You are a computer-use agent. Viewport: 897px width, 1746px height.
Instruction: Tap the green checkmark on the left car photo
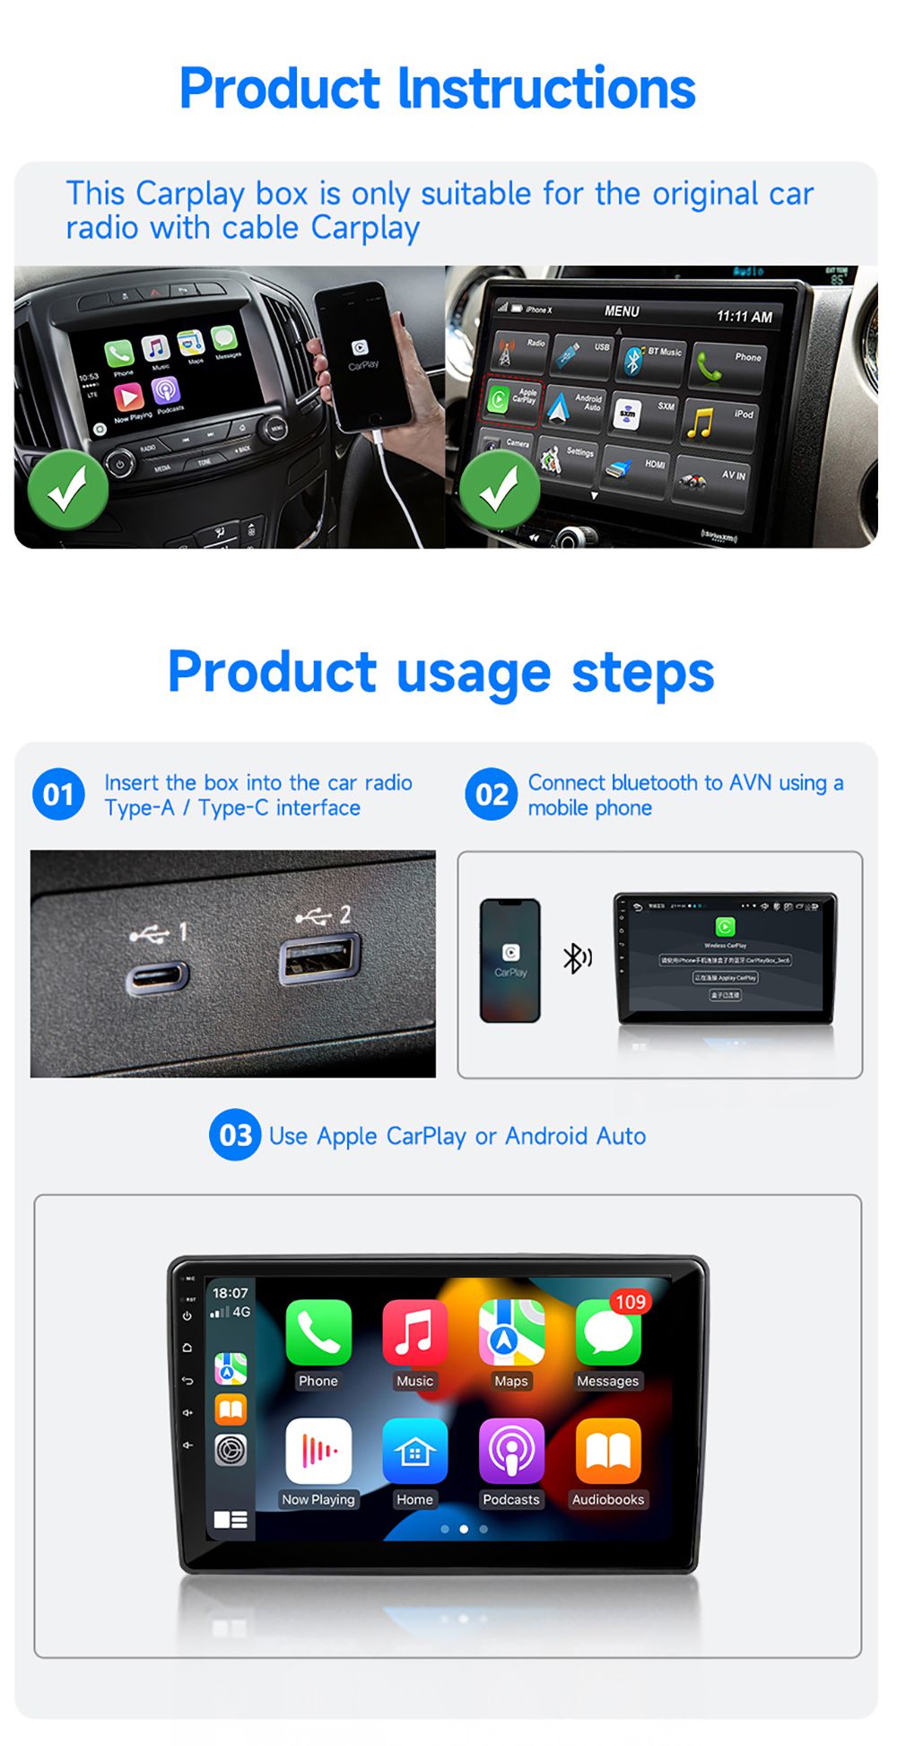[x=67, y=490]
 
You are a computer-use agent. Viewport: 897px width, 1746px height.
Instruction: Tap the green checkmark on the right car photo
[x=499, y=490]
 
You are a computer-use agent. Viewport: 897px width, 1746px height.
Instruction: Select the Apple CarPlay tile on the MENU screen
[x=512, y=396]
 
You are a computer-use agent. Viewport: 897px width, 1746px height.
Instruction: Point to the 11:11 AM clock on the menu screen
[x=744, y=317]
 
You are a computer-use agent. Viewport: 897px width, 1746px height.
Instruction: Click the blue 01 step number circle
[x=58, y=794]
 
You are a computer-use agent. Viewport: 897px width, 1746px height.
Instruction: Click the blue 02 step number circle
[x=491, y=794]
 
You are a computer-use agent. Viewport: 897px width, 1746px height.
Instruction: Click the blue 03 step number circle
[x=235, y=1135]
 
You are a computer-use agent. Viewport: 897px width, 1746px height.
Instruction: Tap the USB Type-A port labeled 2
[x=319, y=959]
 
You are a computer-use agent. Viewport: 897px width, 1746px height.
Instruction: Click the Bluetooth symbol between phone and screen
[x=576, y=958]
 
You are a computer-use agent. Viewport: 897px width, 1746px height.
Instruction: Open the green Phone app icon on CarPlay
[x=318, y=1332]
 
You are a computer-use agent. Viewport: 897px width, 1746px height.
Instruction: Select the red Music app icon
[x=414, y=1332]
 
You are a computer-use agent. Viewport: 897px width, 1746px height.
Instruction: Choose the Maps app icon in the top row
[x=511, y=1332]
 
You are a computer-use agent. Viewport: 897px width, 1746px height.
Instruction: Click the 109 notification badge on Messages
[x=630, y=1302]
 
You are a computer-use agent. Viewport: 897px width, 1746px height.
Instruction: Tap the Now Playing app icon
[x=318, y=1450]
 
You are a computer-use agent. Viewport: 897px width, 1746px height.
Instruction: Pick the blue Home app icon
[x=414, y=1450]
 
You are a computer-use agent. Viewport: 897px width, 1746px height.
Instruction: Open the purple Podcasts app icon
[x=511, y=1450]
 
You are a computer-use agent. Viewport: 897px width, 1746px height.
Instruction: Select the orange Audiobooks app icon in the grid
[x=608, y=1450]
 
